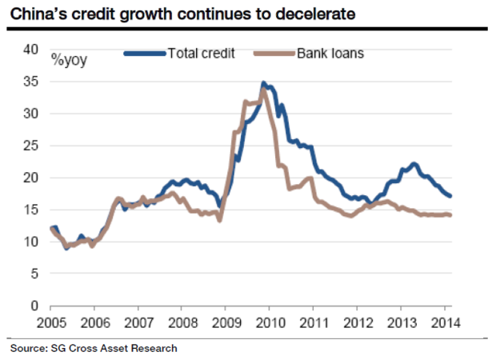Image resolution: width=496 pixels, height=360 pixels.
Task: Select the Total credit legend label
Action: [201, 54]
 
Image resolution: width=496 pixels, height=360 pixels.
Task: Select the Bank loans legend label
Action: [331, 54]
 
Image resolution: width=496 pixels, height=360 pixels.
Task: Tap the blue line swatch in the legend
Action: [145, 54]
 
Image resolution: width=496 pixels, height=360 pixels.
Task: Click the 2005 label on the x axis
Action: [50, 324]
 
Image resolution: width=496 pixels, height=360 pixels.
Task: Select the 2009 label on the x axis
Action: [225, 324]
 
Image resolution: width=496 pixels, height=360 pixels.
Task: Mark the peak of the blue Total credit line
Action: [263, 83]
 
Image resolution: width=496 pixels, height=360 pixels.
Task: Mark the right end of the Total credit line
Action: [450, 195]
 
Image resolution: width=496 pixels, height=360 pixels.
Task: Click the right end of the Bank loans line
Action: [450, 214]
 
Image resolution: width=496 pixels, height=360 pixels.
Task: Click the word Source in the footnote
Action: [25, 349]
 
